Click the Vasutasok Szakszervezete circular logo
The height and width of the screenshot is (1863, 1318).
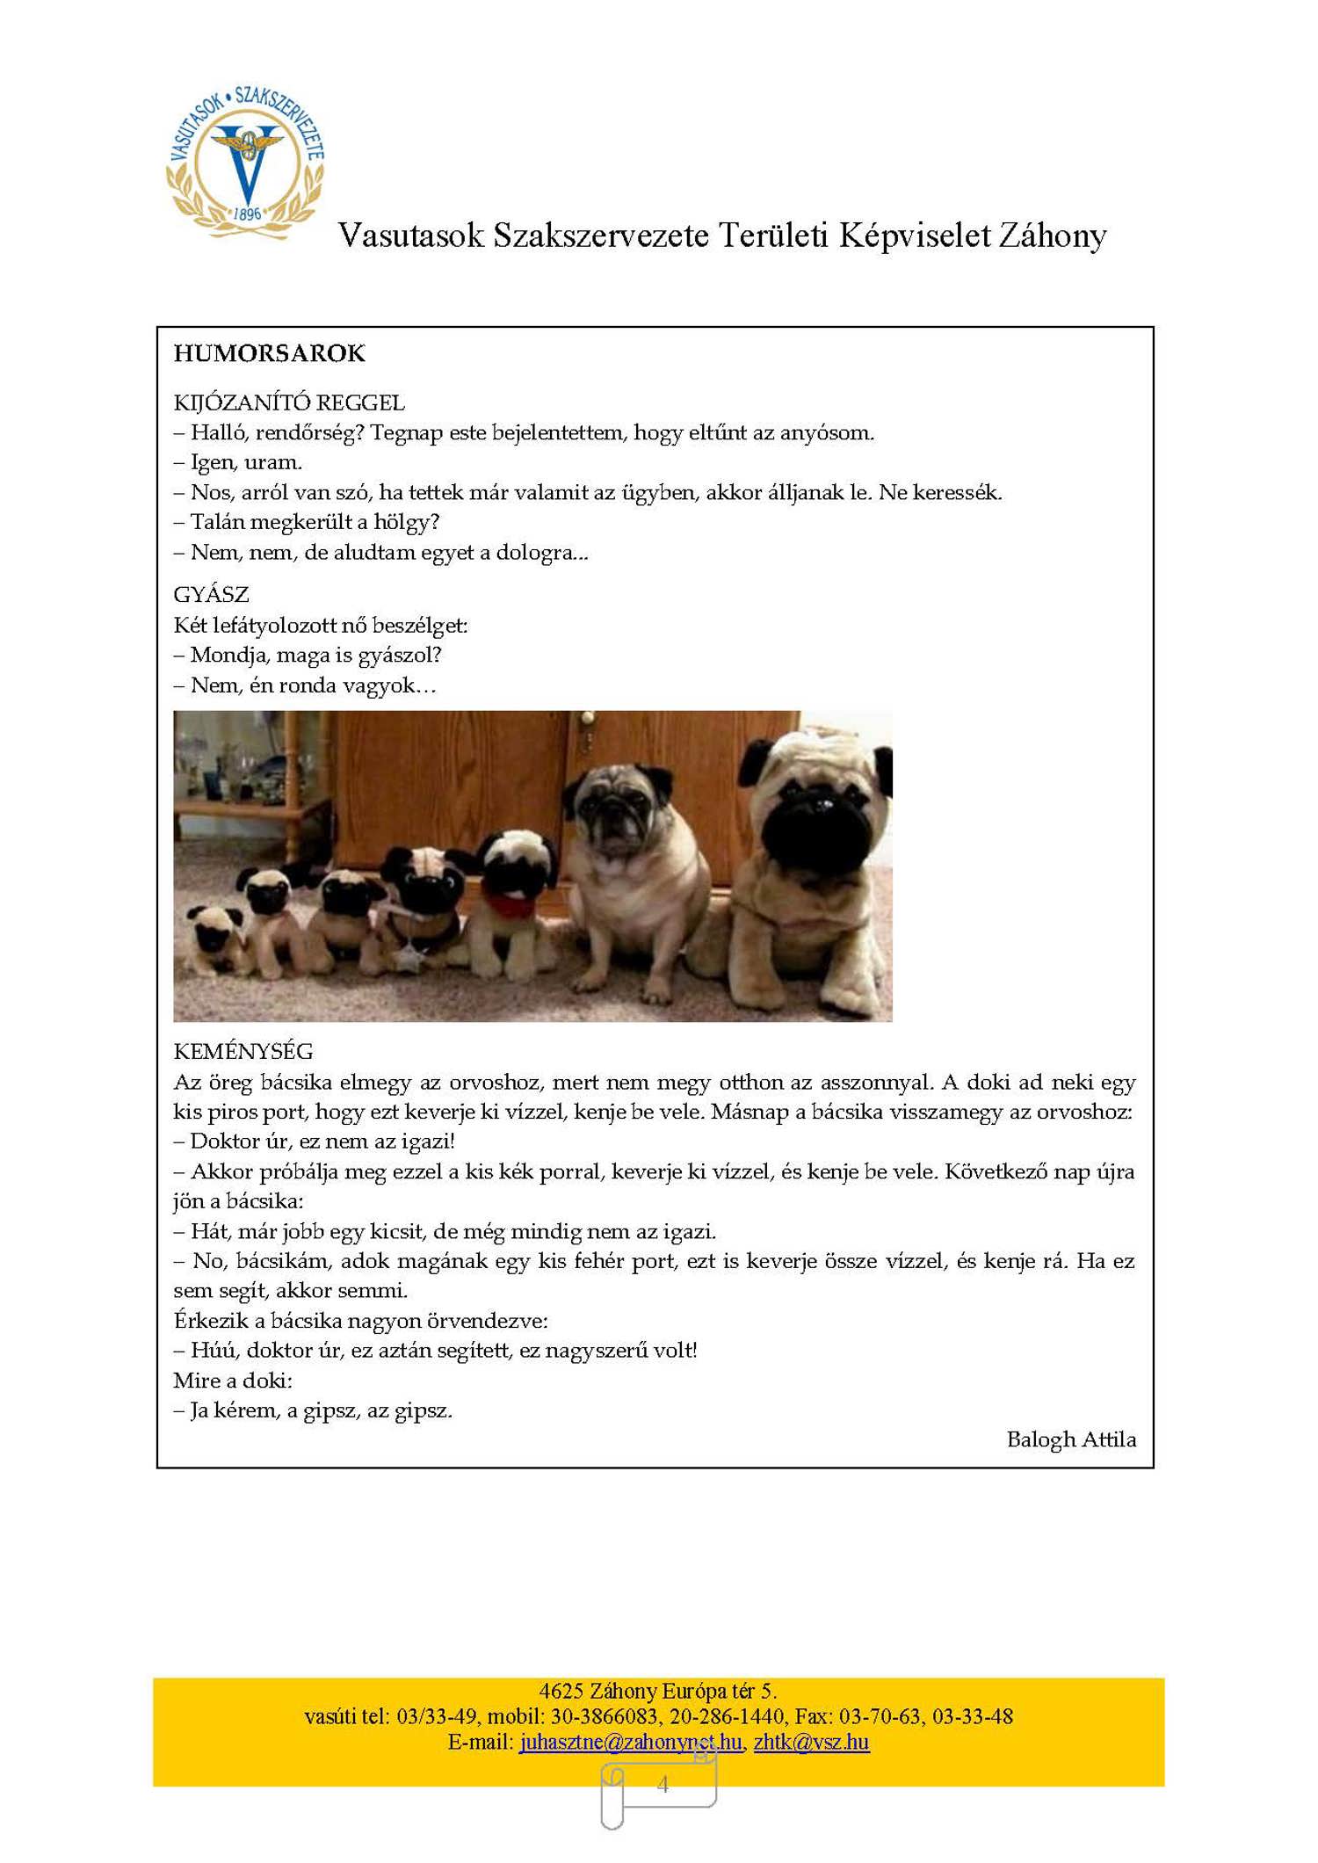[x=246, y=163]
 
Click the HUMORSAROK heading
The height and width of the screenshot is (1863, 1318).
[x=269, y=353]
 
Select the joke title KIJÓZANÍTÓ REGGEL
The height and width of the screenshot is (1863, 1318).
[x=289, y=403]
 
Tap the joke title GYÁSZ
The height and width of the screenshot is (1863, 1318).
[x=211, y=595]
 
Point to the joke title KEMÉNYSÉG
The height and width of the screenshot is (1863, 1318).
[x=243, y=1052]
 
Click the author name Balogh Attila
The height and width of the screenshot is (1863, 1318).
[x=1071, y=1439]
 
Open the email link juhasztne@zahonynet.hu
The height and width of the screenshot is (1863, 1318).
[x=630, y=1742]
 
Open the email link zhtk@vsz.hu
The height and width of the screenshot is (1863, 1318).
[x=811, y=1742]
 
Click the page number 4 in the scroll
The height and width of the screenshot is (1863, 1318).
[x=663, y=1784]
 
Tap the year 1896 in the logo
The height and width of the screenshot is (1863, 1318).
[x=247, y=214]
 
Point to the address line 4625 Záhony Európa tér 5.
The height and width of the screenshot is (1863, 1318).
[x=658, y=1691]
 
